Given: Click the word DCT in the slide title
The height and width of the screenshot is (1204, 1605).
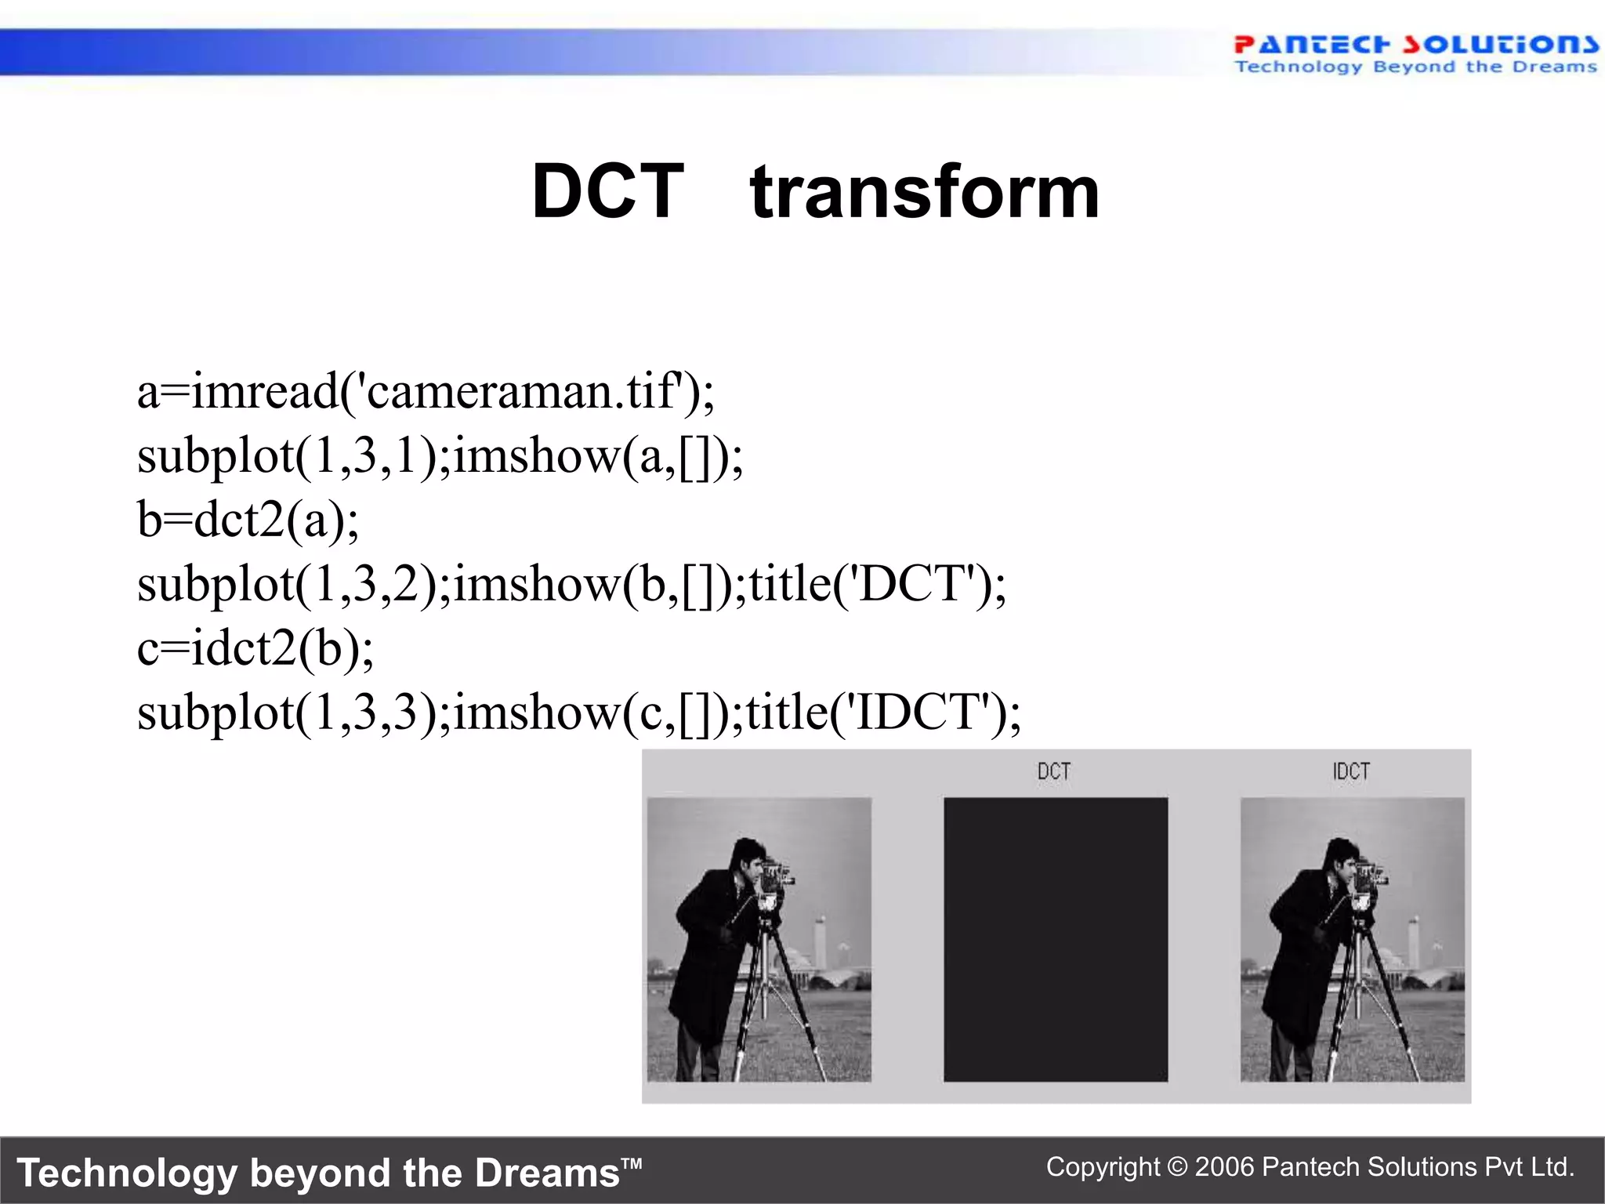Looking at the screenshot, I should pos(608,191).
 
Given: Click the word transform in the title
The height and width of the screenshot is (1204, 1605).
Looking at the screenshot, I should pos(925,193).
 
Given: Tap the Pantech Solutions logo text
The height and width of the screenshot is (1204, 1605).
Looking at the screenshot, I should pos(1415,44).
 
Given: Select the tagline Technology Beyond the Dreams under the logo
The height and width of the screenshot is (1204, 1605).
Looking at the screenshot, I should pos(1415,67).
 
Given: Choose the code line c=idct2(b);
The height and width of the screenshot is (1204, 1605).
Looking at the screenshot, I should pos(255,647).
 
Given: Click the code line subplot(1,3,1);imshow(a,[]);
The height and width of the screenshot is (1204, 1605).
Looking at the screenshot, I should pos(440,455).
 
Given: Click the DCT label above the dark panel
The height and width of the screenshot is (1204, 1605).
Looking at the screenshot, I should pos(1054,771).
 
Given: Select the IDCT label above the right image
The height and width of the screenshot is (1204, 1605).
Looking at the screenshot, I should pos(1351,771).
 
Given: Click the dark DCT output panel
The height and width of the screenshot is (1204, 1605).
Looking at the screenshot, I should pos(1055,939).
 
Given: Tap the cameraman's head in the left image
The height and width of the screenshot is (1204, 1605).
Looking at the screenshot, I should pos(748,858).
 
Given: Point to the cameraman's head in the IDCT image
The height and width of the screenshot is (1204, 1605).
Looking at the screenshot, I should pos(1342,858).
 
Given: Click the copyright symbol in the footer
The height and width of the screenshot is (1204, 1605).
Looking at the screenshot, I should pos(1177,1167).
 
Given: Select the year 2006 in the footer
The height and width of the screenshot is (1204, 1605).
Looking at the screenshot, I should pos(1225,1167).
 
